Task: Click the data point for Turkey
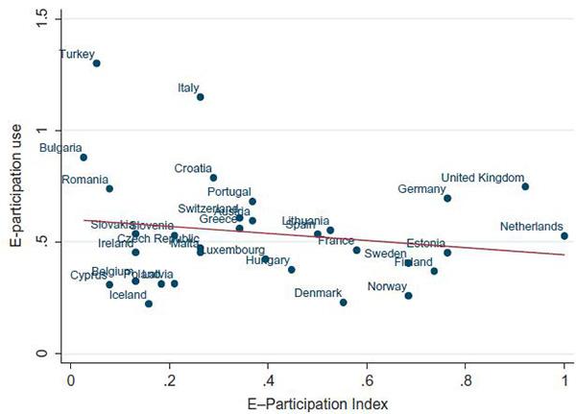(97, 63)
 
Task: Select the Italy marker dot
(201, 97)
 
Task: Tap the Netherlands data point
(564, 235)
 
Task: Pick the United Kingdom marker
(525, 186)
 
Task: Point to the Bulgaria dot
(84, 158)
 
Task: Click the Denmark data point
(343, 303)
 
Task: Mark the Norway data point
(409, 296)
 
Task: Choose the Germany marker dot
(447, 199)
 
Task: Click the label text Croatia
(193, 168)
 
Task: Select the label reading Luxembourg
(229, 251)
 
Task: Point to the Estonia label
(425, 243)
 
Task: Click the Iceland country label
(128, 295)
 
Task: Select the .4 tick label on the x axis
(268, 377)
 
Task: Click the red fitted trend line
(317, 237)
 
